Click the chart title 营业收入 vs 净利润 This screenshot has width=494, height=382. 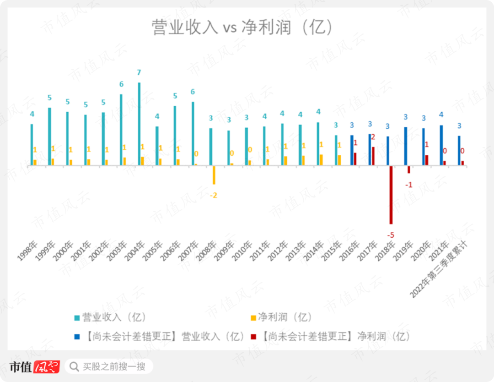coord(242,27)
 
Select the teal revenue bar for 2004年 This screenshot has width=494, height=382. coord(139,124)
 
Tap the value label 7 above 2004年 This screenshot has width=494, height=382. coord(139,73)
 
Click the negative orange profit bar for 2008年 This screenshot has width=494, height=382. coord(214,175)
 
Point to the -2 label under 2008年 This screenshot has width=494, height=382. coord(213,196)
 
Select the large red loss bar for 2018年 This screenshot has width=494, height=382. coord(391,195)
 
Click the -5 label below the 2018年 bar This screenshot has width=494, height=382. coord(391,235)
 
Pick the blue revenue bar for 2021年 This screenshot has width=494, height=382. coord(441,145)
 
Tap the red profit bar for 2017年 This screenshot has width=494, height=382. coord(373,156)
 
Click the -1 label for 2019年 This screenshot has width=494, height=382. coord(409,185)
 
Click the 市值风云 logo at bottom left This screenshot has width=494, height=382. coord(34,367)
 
